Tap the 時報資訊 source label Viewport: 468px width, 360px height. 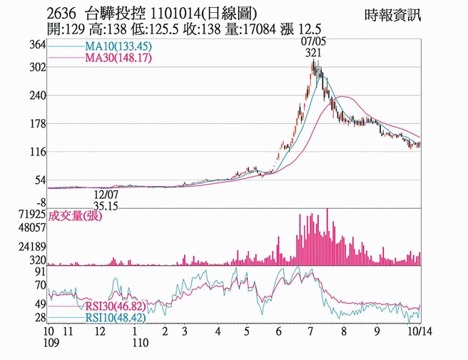point(393,15)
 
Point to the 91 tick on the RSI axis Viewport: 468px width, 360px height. point(40,272)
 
